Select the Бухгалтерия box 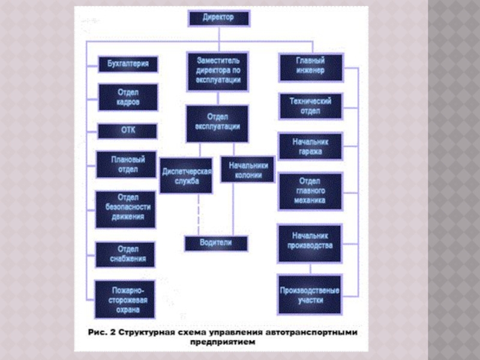pyautogui.click(x=128, y=64)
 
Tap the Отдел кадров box pyautogui.click(x=128, y=97)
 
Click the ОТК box pyautogui.click(x=128, y=131)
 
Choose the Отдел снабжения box pyautogui.click(x=125, y=254)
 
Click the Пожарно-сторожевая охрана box pyautogui.click(x=125, y=299)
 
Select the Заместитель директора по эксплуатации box pyautogui.click(x=218, y=70)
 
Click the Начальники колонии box pyautogui.click(x=247, y=169)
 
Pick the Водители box pyautogui.click(x=215, y=243)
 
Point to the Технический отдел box pyautogui.click(x=310, y=106)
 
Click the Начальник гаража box pyautogui.click(x=310, y=147)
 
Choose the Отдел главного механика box pyautogui.click(x=310, y=191)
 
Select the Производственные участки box pyautogui.click(x=309, y=294)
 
